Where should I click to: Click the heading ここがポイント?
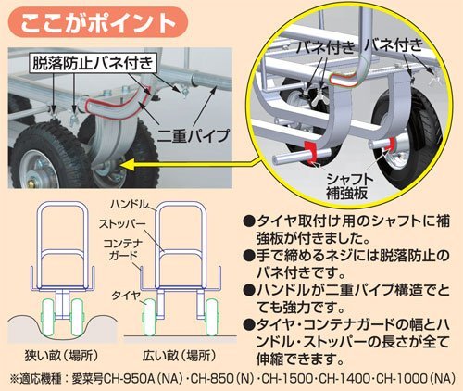98,23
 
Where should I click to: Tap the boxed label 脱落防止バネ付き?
93,64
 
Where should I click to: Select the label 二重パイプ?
194,135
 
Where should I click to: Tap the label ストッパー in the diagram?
122,224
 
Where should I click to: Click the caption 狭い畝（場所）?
62,356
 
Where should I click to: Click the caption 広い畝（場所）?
179,356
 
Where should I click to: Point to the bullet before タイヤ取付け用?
248,221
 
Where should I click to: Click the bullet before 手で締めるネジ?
248,256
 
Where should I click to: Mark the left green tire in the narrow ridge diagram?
48,317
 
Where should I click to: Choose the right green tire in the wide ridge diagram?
212,317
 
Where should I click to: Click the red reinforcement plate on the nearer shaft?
310,152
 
